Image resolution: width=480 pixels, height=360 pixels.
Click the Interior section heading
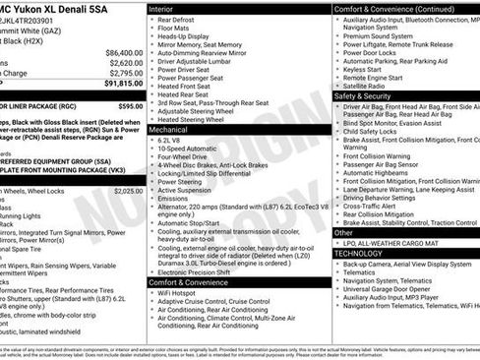click(161, 8)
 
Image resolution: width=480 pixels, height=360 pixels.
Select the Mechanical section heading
click(168, 129)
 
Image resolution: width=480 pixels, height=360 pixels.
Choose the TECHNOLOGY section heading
click(358, 253)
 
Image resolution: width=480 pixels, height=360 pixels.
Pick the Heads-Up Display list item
click(189, 35)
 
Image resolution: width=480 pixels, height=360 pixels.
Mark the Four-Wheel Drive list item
click(186, 155)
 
